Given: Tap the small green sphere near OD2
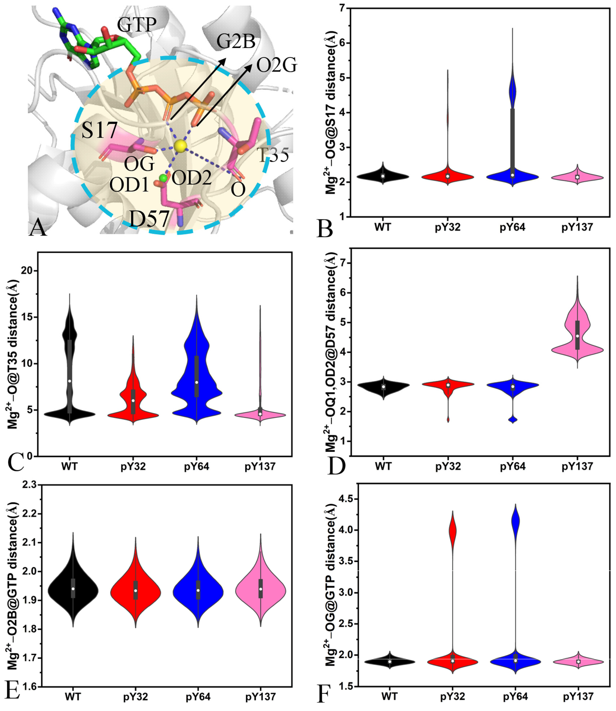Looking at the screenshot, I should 163,178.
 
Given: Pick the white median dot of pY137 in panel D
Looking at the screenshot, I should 578,336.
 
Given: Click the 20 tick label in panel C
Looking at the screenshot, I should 28,271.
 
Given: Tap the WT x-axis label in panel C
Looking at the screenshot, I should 69,467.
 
